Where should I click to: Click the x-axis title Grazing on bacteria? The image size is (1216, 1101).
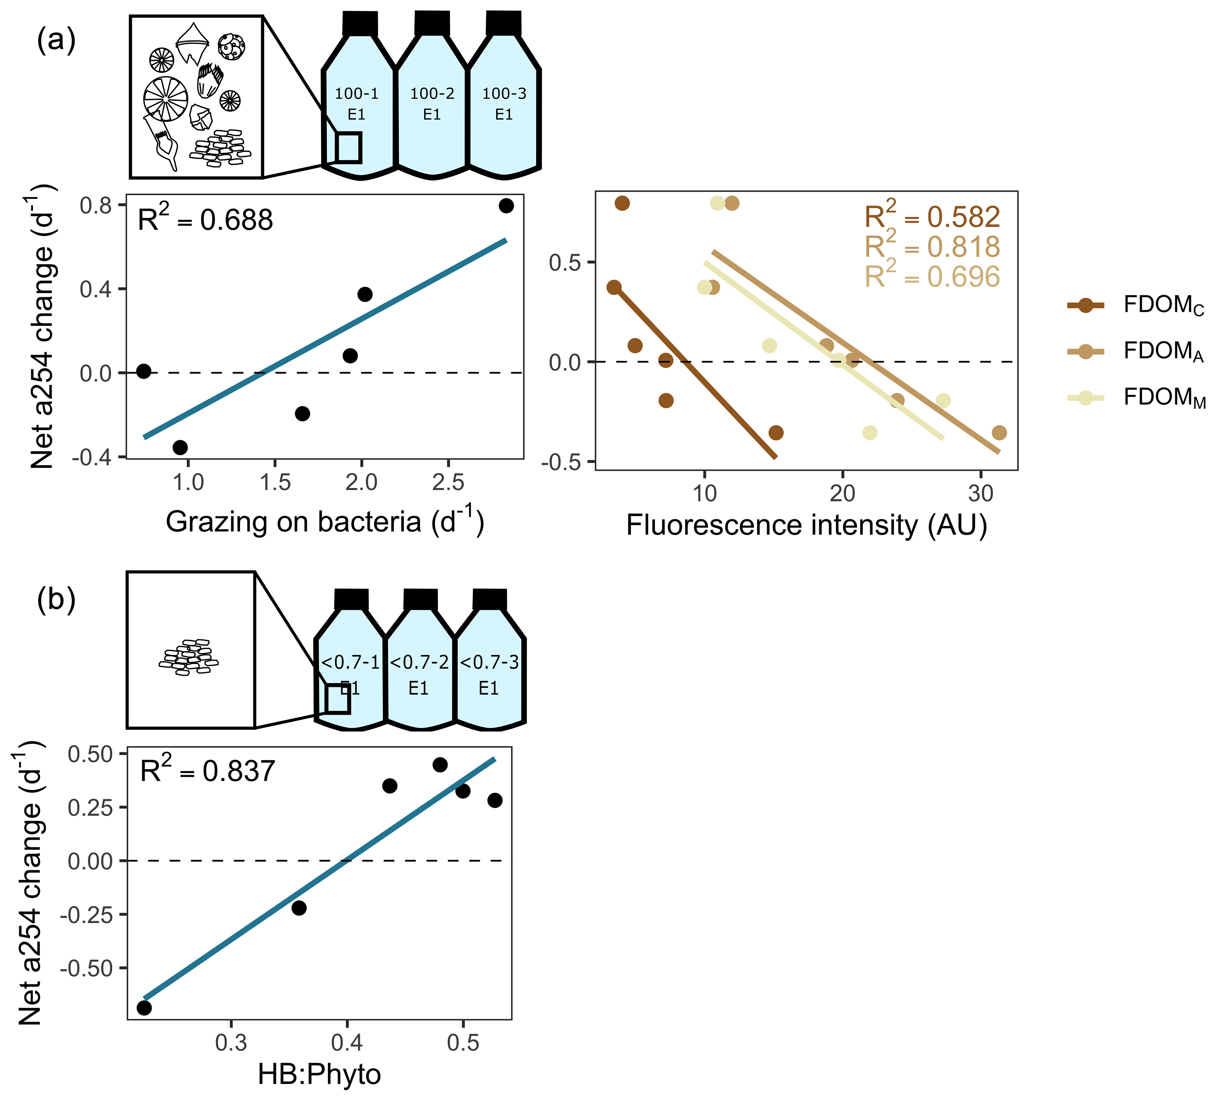[x=324, y=521]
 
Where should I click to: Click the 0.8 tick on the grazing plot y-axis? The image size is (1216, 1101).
[x=97, y=206]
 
